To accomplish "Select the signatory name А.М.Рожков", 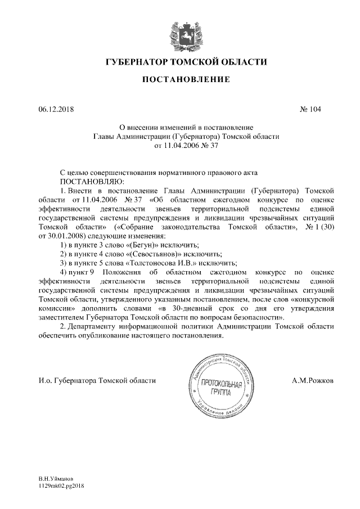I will pyautogui.click(x=313, y=381).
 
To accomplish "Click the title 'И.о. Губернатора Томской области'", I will pyautogui.click(x=97, y=381).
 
